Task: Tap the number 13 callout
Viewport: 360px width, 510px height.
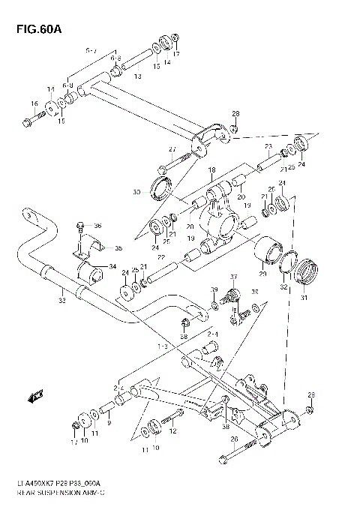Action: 137,76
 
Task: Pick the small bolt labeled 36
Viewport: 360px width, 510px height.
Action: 79,226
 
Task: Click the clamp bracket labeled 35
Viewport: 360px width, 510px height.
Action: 89,248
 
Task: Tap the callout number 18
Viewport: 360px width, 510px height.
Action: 211,170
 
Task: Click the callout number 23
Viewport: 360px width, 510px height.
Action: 268,147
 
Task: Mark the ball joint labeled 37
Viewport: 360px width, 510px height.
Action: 232,293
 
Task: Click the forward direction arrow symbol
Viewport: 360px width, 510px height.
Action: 35,396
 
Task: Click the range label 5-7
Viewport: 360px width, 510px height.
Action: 91,50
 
